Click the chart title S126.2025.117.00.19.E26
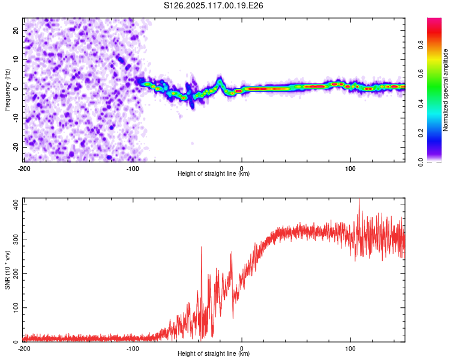coord(213,5)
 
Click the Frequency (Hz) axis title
coord(7,90)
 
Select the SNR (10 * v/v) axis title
coord(7,270)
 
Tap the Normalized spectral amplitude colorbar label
coord(445,90)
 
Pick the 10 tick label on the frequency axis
coord(16,59)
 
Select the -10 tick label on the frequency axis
coord(16,118)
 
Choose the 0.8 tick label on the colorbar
coord(421,45)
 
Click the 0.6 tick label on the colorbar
coord(421,74)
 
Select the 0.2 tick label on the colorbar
coord(421,133)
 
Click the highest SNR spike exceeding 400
coord(359,199)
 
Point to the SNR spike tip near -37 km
coord(201,247)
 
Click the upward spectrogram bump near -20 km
coord(220,81)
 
